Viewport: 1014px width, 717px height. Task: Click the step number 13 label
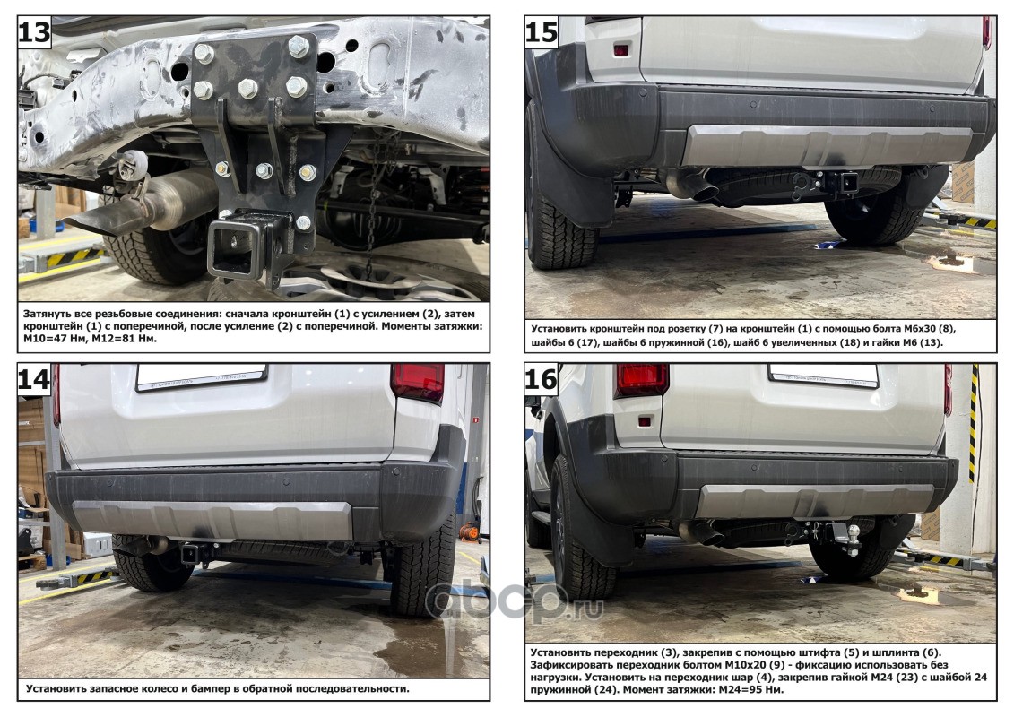coord(34,31)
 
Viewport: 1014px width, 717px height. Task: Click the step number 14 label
coord(34,379)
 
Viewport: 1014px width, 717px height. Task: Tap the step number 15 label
coord(541,31)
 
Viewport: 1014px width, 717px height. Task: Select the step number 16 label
coord(541,379)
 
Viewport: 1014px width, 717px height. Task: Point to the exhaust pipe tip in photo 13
coord(103,218)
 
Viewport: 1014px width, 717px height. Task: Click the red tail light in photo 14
coord(418,383)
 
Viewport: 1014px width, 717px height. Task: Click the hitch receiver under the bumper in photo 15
coord(846,182)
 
